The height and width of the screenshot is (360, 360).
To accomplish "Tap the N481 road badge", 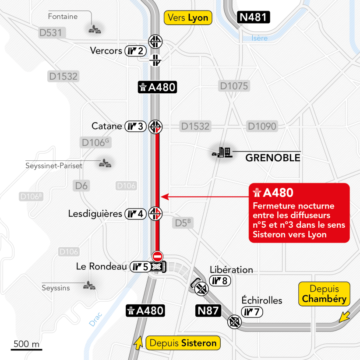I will (254, 18).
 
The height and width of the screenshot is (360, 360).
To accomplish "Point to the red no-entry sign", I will (157, 256).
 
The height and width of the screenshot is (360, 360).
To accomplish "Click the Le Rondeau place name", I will (102, 266).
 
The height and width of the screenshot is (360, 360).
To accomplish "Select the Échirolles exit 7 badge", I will (254, 312).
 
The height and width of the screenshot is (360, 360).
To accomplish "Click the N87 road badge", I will (208, 311).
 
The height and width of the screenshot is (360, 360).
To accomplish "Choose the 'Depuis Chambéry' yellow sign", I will (324, 294).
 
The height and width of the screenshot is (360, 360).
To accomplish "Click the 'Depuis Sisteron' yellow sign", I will (183, 343).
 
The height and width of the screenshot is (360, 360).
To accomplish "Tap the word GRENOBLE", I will (273, 158).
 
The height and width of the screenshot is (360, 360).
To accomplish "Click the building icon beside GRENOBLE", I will (222, 152).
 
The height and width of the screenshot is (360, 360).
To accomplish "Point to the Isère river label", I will (259, 39).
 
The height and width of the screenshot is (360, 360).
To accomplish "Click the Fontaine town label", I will (63, 17).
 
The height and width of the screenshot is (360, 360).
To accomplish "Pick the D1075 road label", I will (234, 86).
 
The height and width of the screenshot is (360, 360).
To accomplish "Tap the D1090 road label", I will (262, 127).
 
